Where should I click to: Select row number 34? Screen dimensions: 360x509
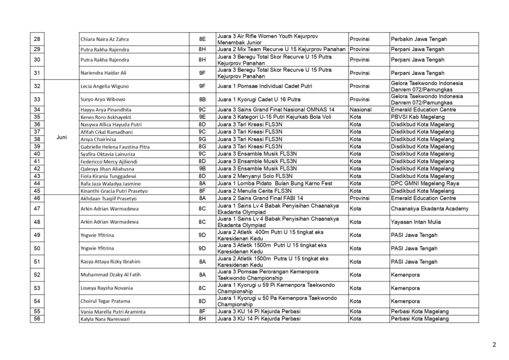[37, 109]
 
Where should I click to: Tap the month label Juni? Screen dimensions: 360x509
[62, 137]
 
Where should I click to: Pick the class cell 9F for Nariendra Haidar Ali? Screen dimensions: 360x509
[202, 73]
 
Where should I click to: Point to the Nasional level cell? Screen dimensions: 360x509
[361, 109]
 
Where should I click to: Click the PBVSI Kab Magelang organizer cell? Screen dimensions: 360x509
[418, 117]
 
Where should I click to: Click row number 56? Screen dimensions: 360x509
[37, 319]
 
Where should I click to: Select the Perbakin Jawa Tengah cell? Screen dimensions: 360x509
[419, 39]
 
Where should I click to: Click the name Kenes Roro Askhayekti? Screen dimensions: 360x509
[103, 117]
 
